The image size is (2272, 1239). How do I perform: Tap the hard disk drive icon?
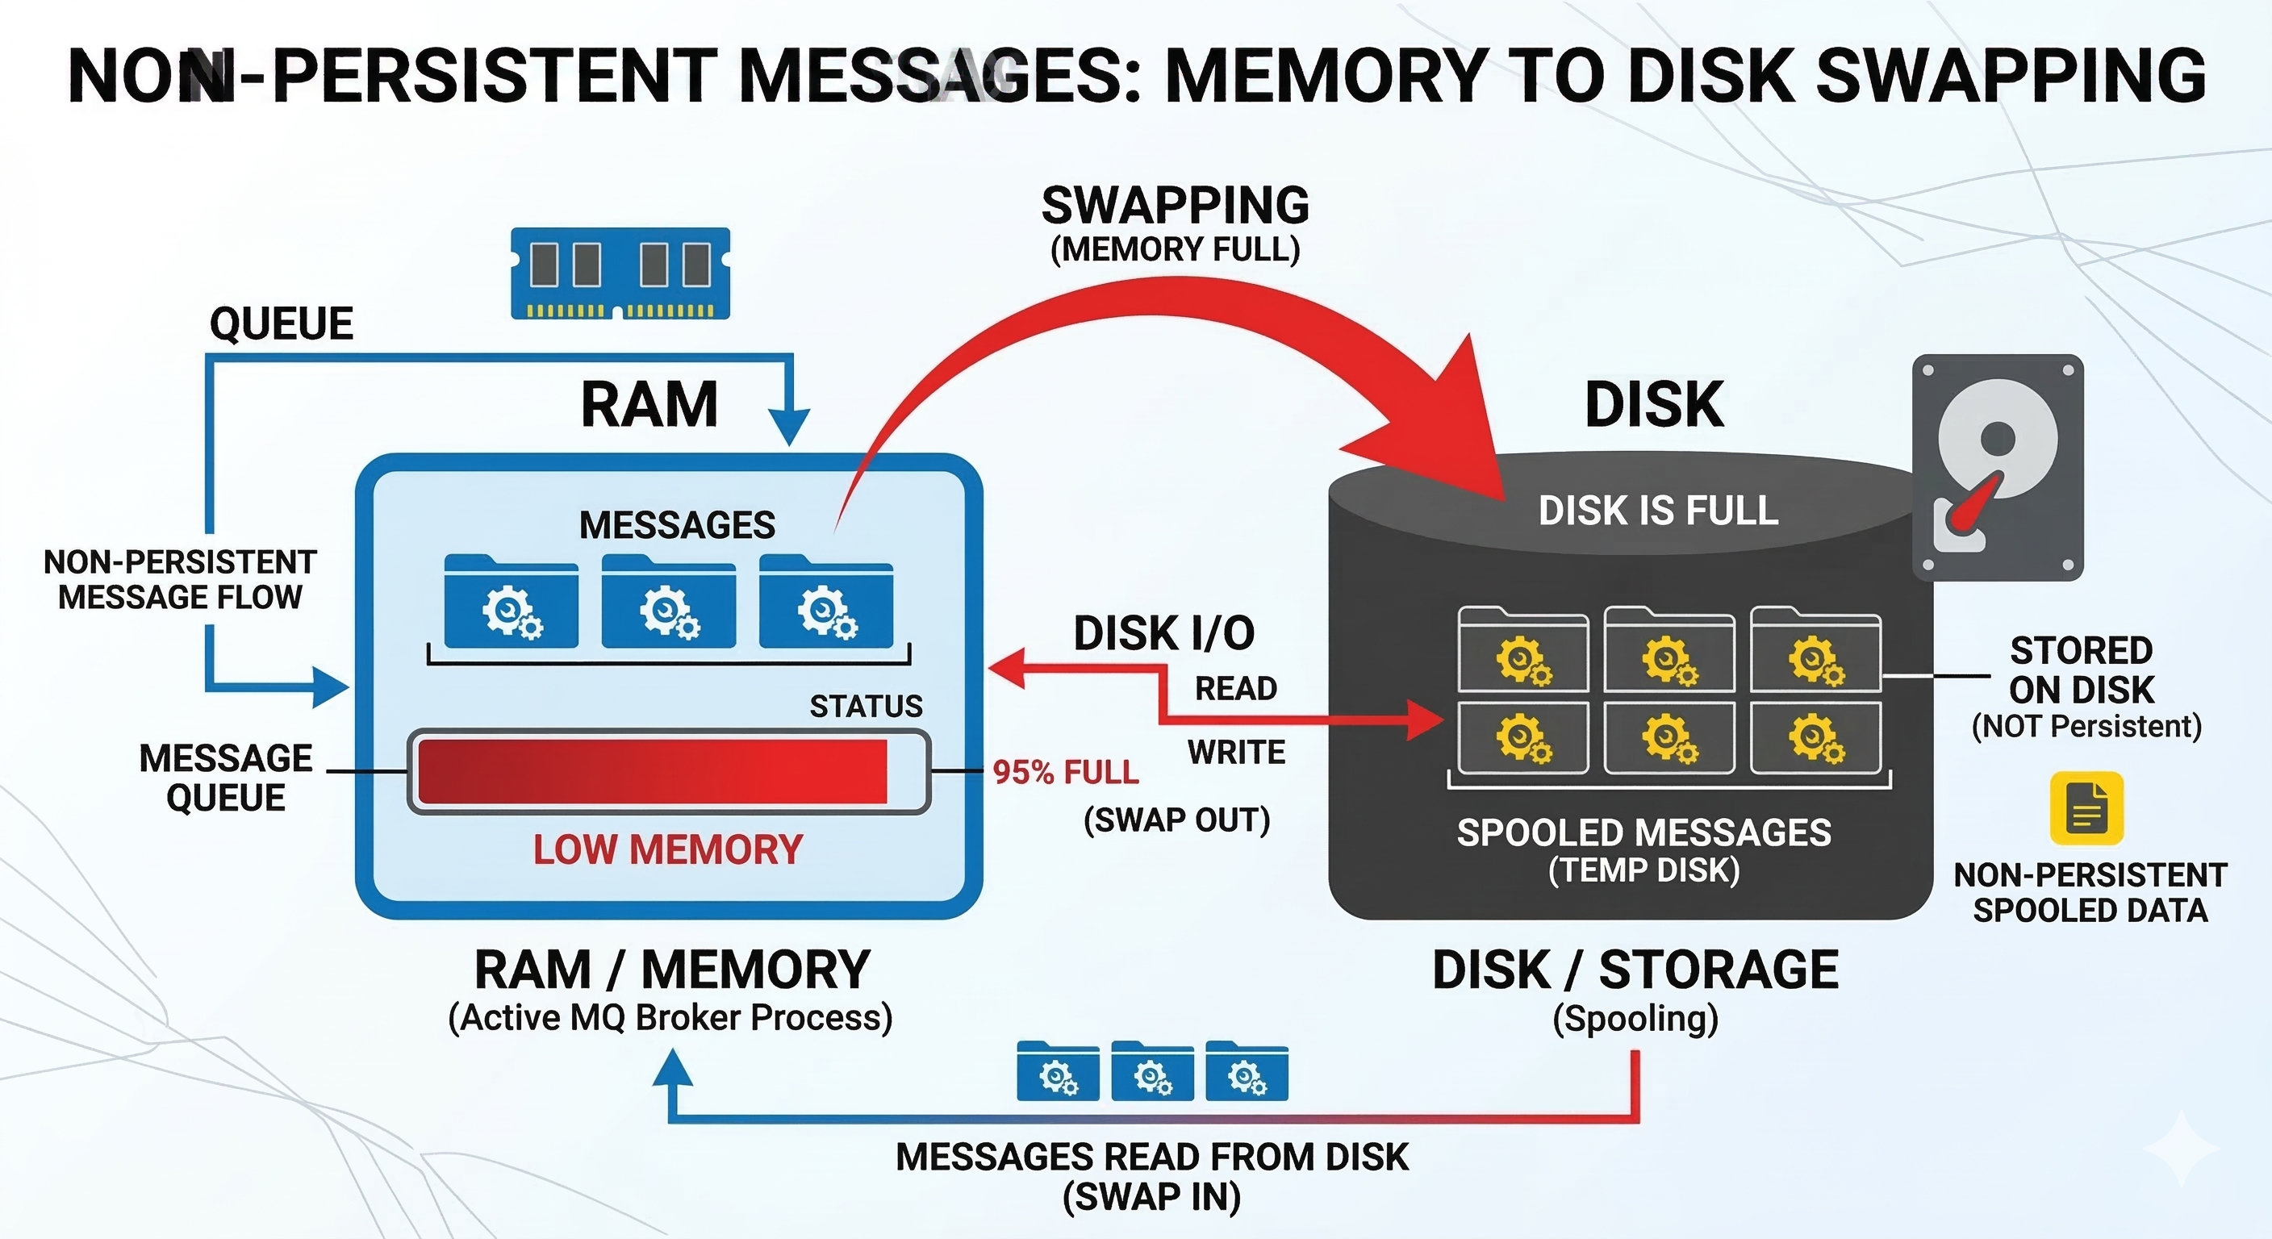[1998, 467]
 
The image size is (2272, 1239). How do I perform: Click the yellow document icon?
[2086, 807]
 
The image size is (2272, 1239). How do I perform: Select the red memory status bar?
[653, 772]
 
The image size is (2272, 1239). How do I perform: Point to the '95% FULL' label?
[1066, 773]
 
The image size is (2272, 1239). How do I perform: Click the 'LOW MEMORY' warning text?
[668, 849]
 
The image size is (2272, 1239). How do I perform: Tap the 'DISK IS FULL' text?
[1658, 511]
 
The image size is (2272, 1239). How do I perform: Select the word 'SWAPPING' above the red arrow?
[1176, 206]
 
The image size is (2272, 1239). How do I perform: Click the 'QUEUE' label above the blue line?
[282, 323]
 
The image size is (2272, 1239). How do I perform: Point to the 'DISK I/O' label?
[1164, 633]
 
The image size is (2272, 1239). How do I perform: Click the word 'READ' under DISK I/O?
[1236, 688]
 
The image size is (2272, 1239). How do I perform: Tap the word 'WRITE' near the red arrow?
[1237, 753]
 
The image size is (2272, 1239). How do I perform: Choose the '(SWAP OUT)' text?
[1176, 820]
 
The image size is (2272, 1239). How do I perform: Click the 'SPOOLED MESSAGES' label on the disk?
[1644, 832]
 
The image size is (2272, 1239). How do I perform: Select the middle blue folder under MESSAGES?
[669, 602]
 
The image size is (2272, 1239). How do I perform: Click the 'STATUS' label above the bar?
[866, 707]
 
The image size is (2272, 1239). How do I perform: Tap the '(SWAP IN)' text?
[1152, 1197]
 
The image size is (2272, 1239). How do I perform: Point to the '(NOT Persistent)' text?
[2086, 726]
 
